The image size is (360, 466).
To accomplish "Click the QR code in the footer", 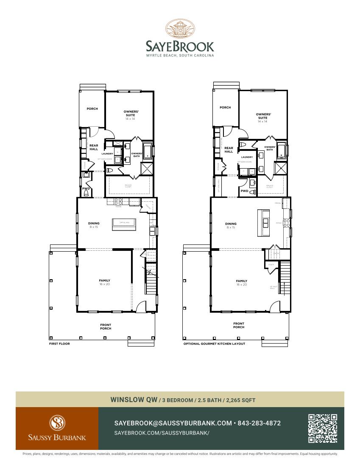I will click(x=323, y=428).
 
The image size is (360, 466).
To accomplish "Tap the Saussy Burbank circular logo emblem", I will click(x=57, y=423).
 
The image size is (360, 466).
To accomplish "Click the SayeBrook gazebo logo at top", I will click(x=180, y=29).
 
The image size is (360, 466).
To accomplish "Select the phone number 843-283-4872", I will click(x=259, y=423).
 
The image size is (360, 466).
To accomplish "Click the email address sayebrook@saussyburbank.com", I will click(x=173, y=423).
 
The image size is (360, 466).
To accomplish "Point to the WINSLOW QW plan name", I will click(x=134, y=399).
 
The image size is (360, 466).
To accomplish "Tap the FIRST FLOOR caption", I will click(x=59, y=344).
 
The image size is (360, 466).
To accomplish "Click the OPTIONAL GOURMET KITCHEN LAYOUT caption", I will click(x=214, y=344).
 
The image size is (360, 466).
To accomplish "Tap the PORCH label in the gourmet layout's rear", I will click(x=225, y=108).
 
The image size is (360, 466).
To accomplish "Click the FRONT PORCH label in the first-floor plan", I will click(x=106, y=327).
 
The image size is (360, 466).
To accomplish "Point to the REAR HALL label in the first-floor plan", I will click(x=94, y=147).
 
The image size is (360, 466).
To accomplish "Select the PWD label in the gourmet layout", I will click(x=244, y=191).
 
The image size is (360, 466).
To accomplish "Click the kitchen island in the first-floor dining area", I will click(x=124, y=224).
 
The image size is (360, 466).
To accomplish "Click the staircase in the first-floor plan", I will click(x=151, y=282).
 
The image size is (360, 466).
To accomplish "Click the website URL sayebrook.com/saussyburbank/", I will click(x=162, y=433).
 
